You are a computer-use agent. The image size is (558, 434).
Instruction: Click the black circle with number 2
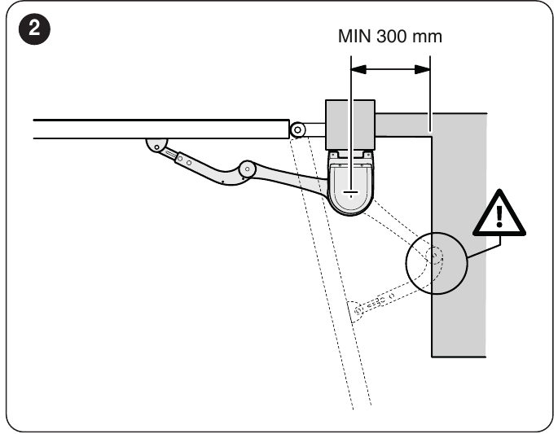[x=34, y=28]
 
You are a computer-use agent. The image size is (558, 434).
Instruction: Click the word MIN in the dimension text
[x=355, y=36]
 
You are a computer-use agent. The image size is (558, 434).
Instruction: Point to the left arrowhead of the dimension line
[x=358, y=69]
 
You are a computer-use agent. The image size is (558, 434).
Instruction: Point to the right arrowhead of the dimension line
[x=423, y=69]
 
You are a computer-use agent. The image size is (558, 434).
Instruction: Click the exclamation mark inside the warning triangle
[x=499, y=217]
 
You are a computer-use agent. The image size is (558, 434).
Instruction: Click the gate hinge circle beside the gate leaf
[x=297, y=129]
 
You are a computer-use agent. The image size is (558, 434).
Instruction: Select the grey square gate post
[x=350, y=125]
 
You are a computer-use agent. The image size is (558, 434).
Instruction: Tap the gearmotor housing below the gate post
[x=350, y=183]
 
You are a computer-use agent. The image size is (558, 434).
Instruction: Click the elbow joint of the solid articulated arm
[x=248, y=169]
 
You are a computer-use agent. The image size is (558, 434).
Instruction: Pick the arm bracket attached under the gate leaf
[x=156, y=145]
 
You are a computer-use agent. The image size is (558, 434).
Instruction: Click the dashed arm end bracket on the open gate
[x=356, y=311]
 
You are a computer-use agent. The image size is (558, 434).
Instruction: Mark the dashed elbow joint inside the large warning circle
[x=434, y=256]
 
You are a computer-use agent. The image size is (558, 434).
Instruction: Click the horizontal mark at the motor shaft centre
[x=350, y=193]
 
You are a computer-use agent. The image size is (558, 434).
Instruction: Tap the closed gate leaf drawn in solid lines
[x=160, y=129]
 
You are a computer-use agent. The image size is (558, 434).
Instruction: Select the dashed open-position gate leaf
[x=331, y=272]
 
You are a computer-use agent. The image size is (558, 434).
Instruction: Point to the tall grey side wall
[x=459, y=235]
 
